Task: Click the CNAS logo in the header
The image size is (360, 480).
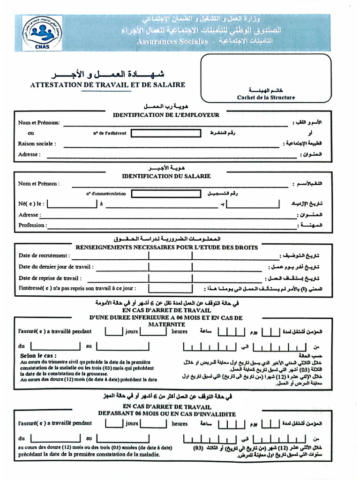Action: [x=42, y=32]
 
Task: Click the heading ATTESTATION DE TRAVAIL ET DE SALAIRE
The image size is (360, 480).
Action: [x=108, y=85]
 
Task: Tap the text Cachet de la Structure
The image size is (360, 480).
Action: [x=266, y=97]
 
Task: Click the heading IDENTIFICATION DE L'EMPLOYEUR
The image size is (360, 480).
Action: [x=166, y=115]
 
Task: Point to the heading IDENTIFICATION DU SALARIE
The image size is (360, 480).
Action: [x=166, y=176]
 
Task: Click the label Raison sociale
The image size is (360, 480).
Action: [x=37, y=144]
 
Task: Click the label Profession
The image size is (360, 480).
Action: [x=32, y=225]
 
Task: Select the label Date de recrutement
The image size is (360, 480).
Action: [x=44, y=255]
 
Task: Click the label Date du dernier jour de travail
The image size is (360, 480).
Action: [x=56, y=267]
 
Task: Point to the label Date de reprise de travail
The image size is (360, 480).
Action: [x=53, y=278]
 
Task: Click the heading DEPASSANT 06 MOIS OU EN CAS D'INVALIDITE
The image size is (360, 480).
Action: [x=166, y=414]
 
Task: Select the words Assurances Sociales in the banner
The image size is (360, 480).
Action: [x=172, y=42]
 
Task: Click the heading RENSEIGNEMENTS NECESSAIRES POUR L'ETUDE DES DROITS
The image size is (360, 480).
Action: [x=166, y=247]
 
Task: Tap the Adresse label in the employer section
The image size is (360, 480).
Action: [x=30, y=154]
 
